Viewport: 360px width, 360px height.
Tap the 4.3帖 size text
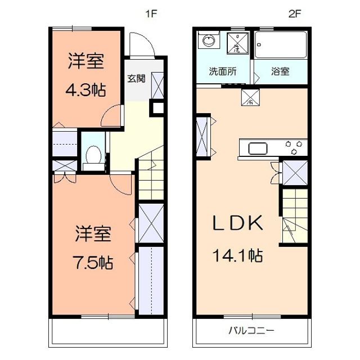coord(87,89)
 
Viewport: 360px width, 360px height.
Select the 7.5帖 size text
coord(94,263)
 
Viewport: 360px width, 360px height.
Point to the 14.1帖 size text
coord(237,256)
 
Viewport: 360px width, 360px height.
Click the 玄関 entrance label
coord(136,78)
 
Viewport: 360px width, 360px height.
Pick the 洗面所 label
coord(223,72)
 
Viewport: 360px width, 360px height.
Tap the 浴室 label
coord(280,72)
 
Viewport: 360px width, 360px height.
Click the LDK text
coord(237,224)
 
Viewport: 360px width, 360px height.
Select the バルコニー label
coord(251,330)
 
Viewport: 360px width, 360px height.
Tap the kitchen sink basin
coord(258,148)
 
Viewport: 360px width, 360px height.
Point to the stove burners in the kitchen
coord(295,148)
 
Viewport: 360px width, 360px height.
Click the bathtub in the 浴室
coord(281,46)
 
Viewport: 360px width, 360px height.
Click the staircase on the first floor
coord(151,177)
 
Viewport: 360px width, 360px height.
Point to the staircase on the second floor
coord(294,215)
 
